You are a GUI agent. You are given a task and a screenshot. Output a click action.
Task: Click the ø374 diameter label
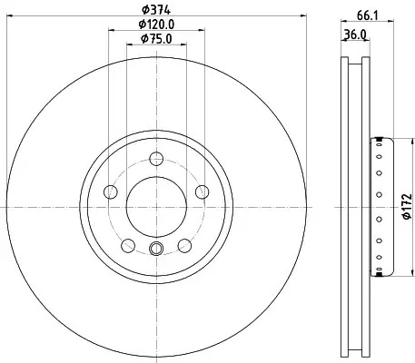[x=156, y=10]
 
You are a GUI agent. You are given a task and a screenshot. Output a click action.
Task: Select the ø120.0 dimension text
[x=156, y=25]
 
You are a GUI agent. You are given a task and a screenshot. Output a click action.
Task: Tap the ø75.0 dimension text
[x=156, y=39]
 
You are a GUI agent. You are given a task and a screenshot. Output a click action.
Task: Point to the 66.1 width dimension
[x=368, y=15]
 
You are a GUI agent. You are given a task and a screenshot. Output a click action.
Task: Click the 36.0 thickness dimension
[x=355, y=34]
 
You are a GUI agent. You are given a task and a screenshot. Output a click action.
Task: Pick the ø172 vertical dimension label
[x=407, y=206]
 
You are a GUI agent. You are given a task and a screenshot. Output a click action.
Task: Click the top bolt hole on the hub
[x=156, y=159]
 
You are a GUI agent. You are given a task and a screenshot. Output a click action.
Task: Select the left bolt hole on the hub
[x=111, y=191]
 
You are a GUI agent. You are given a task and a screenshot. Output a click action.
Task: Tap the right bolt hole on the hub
[x=203, y=191]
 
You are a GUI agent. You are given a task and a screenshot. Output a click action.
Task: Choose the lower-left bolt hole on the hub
[x=128, y=245]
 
